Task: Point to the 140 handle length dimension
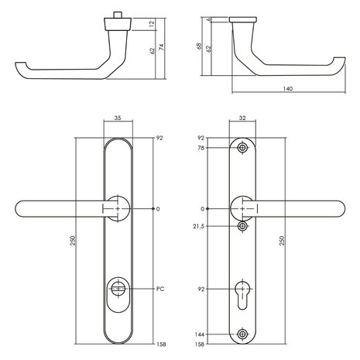(288, 89)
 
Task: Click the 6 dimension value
(210, 20)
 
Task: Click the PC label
(160, 289)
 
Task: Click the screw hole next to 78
(243, 148)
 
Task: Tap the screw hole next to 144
(243, 334)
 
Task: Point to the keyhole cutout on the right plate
(243, 294)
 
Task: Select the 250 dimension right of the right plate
(289, 241)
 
